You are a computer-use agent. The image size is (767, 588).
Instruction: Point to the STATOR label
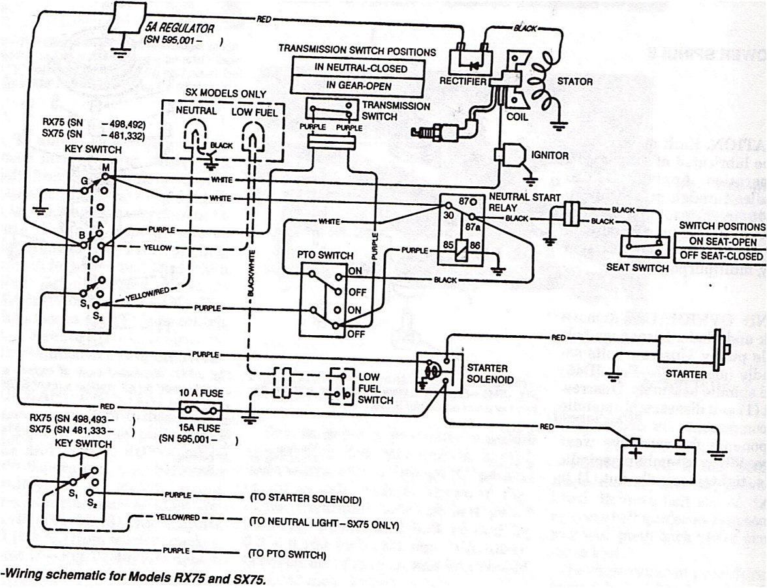(574, 82)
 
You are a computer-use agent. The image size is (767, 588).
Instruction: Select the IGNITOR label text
(550, 155)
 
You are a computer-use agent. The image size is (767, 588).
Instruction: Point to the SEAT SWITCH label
(637, 267)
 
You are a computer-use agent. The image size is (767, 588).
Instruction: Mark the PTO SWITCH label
(324, 255)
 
